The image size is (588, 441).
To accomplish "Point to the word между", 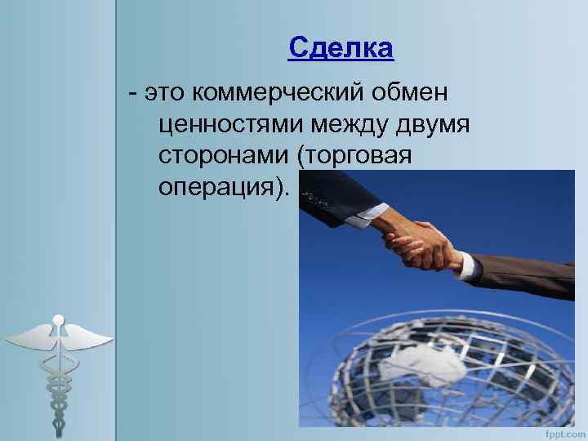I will (351, 125).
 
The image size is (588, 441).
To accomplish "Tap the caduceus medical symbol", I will (57, 367).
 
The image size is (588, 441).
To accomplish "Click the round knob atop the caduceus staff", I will (57, 318).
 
